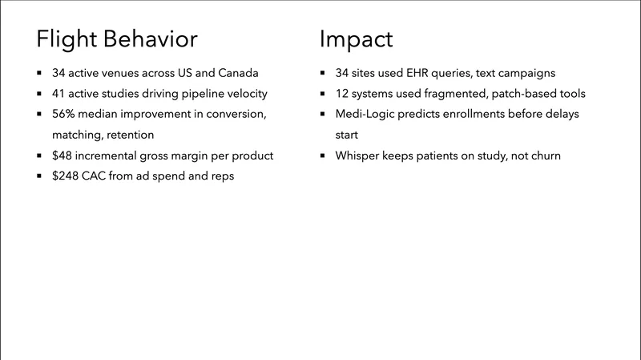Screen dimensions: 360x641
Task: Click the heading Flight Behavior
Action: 117,38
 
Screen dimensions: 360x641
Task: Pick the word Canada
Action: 238,73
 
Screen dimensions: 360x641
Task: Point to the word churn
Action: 543,156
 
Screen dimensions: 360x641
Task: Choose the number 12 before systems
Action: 342,94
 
